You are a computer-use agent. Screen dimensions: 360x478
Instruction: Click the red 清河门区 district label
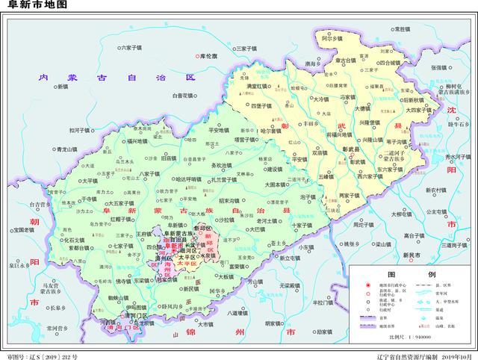click(122, 326)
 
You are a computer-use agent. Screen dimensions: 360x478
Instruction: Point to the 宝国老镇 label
click(23, 230)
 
